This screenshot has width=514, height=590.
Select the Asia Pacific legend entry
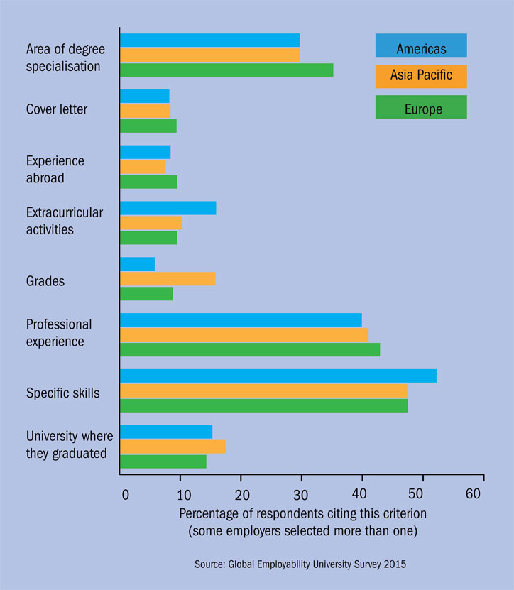tap(421, 76)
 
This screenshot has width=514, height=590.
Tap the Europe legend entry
tap(421, 107)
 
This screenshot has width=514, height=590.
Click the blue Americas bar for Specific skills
tap(278, 376)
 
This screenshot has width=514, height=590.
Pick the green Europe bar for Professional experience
tap(250, 349)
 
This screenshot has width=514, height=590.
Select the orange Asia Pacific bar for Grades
tap(168, 278)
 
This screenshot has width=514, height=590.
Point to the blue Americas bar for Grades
tap(138, 264)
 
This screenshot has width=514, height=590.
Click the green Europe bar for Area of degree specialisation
tap(226, 70)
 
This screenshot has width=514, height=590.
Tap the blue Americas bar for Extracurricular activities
tap(168, 208)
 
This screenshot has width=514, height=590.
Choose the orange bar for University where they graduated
tap(173, 447)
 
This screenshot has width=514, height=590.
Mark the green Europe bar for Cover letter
tap(148, 126)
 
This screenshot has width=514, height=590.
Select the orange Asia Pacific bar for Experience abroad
tap(143, 167)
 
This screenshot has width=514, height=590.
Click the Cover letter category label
tap(57, 109)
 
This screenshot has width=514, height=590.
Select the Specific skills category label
tap(63, 392)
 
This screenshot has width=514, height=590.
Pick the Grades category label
tap(45, 281)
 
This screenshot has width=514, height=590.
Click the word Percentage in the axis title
tap(209, 513)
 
